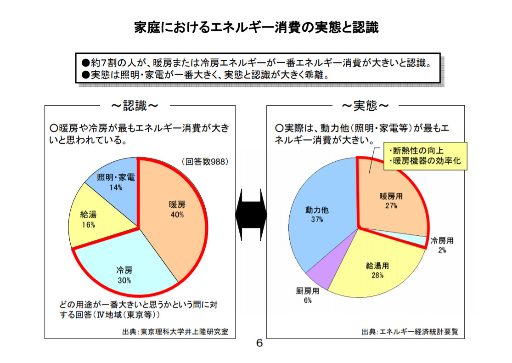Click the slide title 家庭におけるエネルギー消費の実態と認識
(x=256, y=28)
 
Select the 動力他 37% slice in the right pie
(x=317, y=216)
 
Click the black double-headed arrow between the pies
(x=251, y=214)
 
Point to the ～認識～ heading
(x=135, y=106)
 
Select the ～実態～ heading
(x=365, y=106)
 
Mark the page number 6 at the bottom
(x=259, y=343)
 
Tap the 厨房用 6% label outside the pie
(x=307, y=295)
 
